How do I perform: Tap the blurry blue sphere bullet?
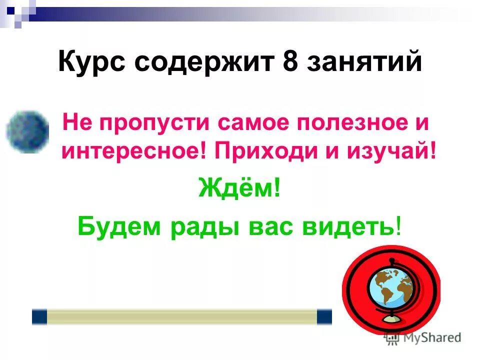(27, 131)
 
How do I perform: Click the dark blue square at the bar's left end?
(39, 316)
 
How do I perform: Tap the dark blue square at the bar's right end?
(324, 316)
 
